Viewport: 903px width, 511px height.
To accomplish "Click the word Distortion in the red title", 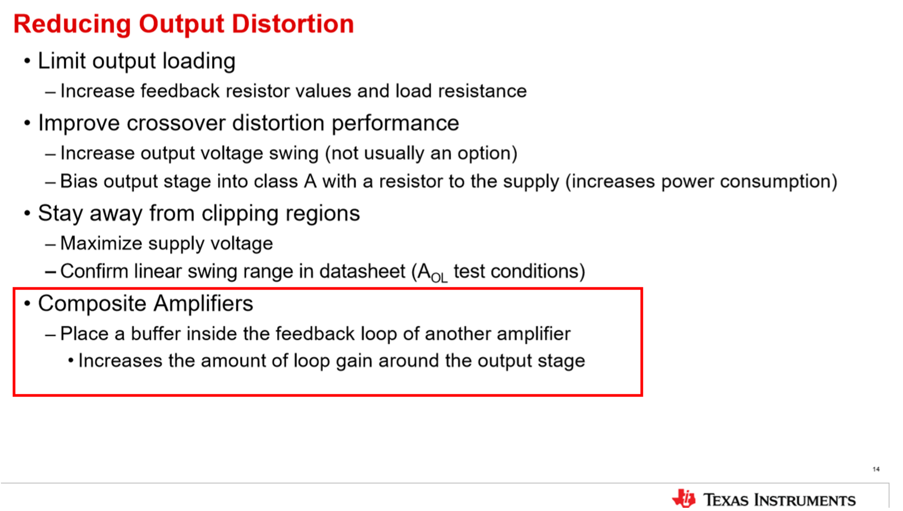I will click(x=293, y=24).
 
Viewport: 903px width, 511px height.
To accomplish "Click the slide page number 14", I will click(x=876, y=469).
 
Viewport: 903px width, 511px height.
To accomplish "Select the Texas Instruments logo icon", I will click(x=684, y=498).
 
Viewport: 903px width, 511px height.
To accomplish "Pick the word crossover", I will click(x=176, y=123).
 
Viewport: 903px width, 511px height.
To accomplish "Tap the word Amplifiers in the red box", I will click(x=203, y=303).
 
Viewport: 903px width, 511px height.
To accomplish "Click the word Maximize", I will click(x=101, y=243).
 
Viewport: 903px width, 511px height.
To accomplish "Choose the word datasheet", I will click(x=362, y=271).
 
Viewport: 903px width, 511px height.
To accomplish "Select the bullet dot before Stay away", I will click(x=27, y=213).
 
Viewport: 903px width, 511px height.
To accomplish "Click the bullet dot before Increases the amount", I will click(x=71, y=361).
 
